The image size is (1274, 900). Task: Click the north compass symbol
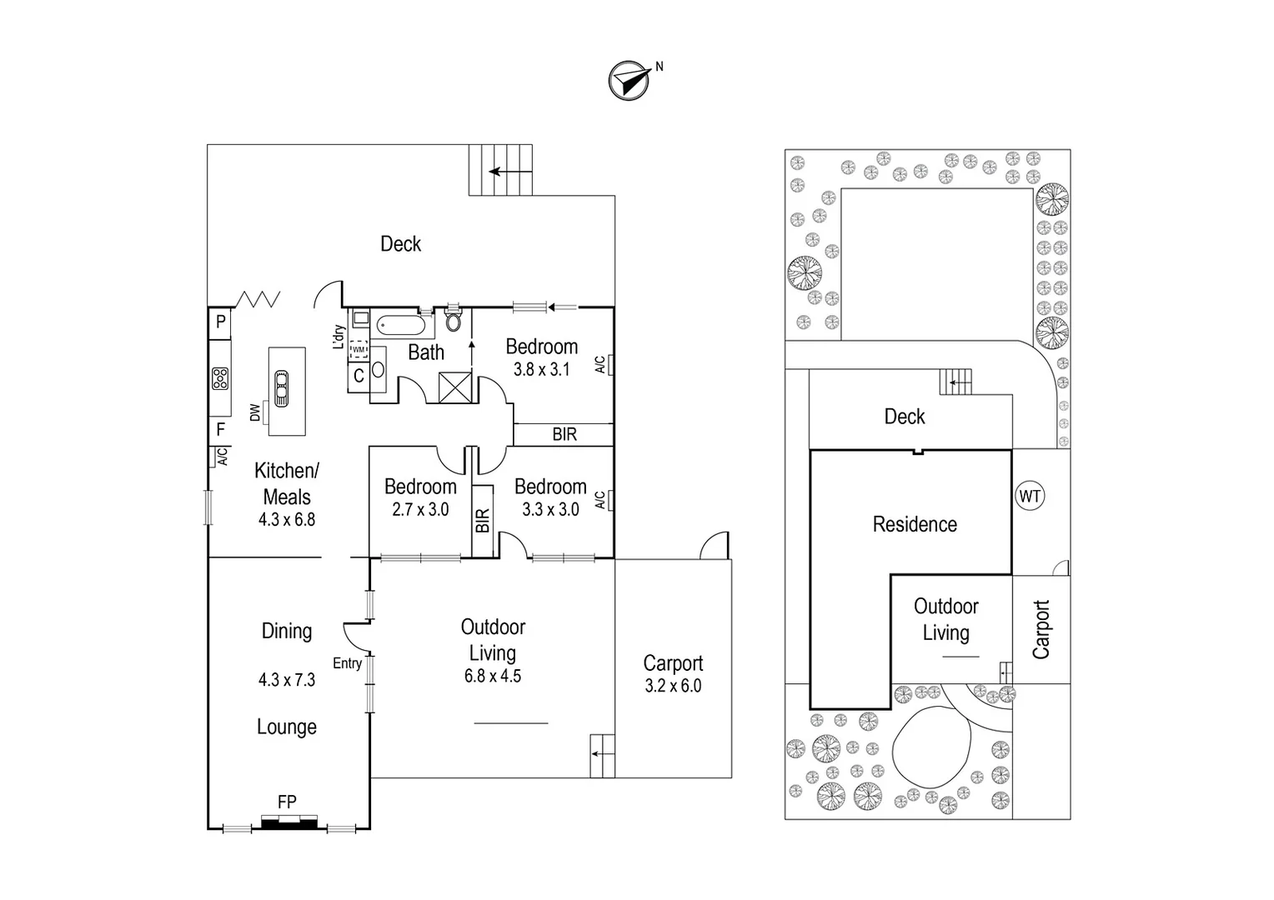(x=629, y=81)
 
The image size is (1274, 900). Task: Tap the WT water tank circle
(x=1030, y=497)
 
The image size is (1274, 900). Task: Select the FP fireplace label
(x=287, y=802)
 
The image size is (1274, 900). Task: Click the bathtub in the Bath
(x=401, y=326)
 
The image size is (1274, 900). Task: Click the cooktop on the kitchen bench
(x=220, y=378)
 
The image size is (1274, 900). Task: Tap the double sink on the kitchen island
(x=282, y=388)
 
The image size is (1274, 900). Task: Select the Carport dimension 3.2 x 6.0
(x=673, y=686)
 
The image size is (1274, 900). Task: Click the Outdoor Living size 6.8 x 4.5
(x=493, y=676)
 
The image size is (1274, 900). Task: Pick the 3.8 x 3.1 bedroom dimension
(x=541, y=369)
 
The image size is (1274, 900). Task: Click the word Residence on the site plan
(x=915, y=524)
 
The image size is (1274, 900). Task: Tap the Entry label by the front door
(x=347, y=663)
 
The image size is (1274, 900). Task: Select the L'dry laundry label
(x=339, y=337)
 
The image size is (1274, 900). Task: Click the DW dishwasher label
(x=255, y=412)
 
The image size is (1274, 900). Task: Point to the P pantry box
(x=220, y=323)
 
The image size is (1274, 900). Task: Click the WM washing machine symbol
(x=359, y=349)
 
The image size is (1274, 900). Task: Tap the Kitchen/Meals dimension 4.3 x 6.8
(x=287, y=520)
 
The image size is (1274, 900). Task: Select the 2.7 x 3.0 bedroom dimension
(x=420, y=509)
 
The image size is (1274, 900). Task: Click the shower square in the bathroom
(x=455, y=387)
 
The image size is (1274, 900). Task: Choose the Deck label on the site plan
(x=905, y=417)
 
